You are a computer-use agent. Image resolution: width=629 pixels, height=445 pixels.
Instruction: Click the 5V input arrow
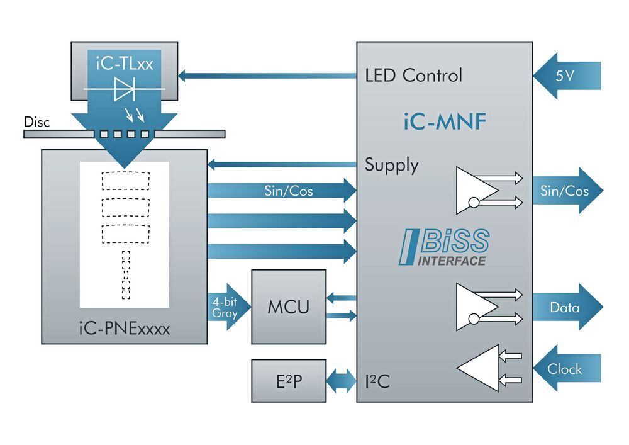[x=566, y=76]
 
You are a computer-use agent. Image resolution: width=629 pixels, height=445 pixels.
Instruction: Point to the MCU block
[x=289, y=307]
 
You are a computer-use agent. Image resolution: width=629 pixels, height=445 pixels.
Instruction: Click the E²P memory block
[x=289, y=381]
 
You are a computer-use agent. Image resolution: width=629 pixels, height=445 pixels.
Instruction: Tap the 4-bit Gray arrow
[x=225, y=307]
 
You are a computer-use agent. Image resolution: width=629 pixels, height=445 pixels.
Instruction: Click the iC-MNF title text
[x=444, y=121]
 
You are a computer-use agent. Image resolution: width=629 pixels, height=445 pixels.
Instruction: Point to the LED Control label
[x=413, y=76]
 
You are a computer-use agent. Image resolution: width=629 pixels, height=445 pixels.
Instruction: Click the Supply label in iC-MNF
[x=391, y=166]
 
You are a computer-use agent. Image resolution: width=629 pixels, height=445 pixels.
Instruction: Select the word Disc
[x=36, y=121]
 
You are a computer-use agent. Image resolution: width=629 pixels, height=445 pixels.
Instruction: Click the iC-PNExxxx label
[x=125, y=328]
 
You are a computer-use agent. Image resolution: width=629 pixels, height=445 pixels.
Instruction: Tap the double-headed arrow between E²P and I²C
[x=342, y=381]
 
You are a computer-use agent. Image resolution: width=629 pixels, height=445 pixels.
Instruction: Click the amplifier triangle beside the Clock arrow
[x=479, y=368]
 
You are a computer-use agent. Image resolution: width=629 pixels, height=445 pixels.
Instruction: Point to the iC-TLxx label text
[x=124, y=64]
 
